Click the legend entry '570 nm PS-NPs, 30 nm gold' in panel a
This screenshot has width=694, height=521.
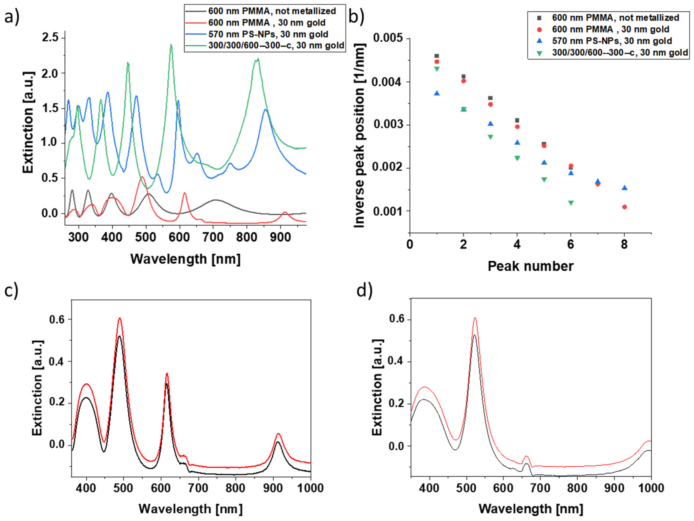click(x=268, y=34)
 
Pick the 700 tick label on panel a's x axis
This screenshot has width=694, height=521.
click(x=213, y=237)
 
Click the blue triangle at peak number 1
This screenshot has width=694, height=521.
click(x=437, y=93)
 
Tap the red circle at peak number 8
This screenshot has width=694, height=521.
click(x=624, y=207)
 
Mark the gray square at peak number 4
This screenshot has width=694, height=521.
click(x=517, y=120)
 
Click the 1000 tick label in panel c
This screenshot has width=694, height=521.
click(x=310, y=488)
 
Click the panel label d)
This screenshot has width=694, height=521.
click(x=364, y=290)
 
